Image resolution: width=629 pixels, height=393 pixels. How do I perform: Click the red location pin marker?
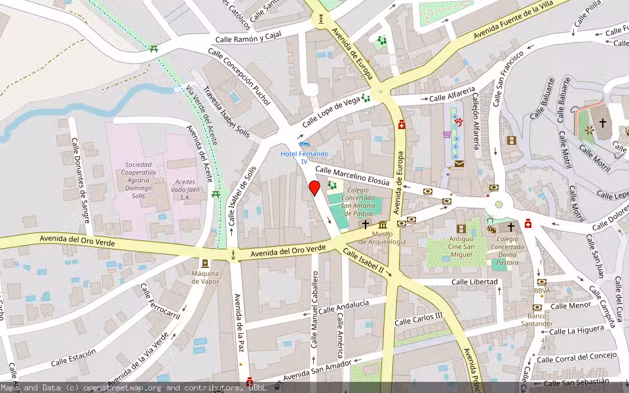(314, 189)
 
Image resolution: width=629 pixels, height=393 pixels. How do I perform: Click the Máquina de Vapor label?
(204, 277)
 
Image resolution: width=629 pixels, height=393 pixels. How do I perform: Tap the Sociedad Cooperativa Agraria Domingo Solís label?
(138, 181)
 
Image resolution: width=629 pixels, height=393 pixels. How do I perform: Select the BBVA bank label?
(541, 290)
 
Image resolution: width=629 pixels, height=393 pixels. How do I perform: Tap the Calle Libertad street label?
(474, 282)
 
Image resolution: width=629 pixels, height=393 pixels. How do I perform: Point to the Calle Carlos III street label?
(419, 319)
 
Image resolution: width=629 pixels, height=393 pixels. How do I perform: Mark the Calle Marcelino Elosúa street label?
(353, 176)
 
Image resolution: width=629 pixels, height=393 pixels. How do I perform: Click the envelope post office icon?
(459, 164)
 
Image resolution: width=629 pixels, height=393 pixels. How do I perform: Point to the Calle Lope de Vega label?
(331, 111)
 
